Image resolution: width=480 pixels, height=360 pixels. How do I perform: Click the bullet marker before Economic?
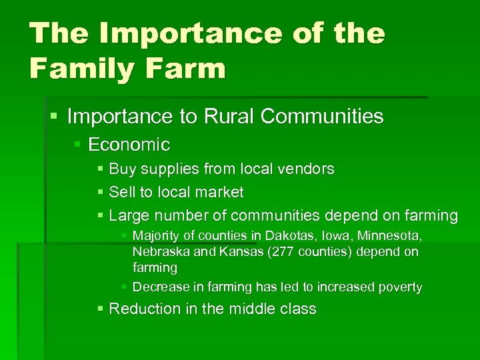(78, 145)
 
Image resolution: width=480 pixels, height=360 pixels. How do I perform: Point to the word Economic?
(129, 145)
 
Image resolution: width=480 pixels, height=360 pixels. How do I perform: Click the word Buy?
(122, 169)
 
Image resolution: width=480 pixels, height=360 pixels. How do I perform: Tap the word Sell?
(122, 193)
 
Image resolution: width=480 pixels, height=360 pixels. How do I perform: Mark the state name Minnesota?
(391, 236)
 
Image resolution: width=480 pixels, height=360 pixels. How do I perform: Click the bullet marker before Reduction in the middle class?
(100, 309)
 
